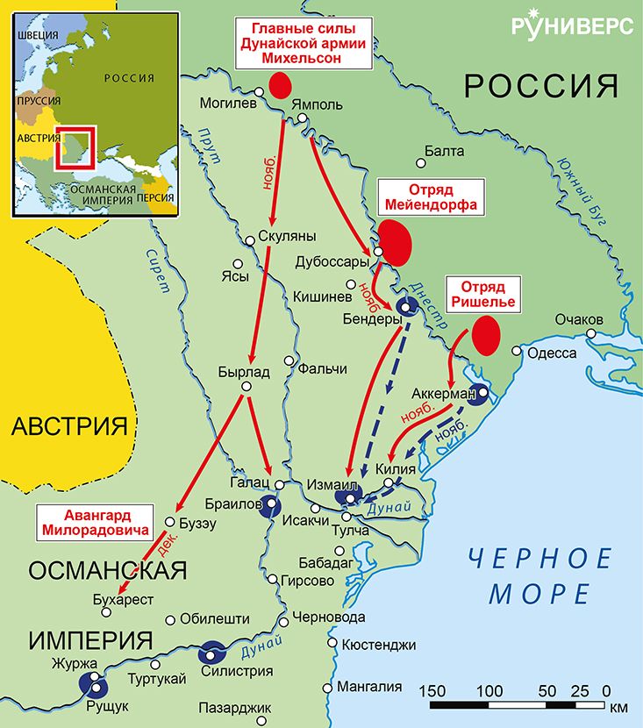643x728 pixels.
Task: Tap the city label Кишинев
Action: coord(322,296)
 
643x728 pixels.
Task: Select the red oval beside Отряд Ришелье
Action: coord(485,335)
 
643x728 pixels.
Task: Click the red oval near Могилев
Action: coord(280,85)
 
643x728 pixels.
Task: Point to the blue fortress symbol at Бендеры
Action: coord(406,305)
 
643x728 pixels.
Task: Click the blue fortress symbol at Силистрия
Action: coord(213,653)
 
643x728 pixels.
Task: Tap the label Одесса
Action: coord(550,353)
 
